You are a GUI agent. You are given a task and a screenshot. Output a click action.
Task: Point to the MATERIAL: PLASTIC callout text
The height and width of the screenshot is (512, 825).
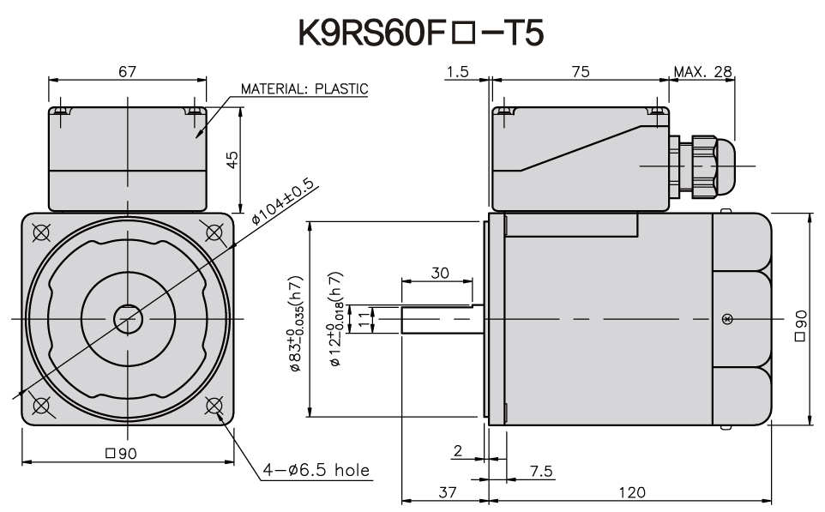tap(304, 88)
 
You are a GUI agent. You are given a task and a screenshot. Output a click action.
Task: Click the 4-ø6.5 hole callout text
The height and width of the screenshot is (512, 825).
tap(316, 470)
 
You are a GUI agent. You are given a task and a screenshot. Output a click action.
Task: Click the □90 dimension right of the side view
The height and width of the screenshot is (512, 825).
tap(800, 326)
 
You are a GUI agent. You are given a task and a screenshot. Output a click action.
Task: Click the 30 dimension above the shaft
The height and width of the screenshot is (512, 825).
tap(439, 273)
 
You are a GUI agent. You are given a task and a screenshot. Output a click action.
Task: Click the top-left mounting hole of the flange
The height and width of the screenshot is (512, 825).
tap(40, 232)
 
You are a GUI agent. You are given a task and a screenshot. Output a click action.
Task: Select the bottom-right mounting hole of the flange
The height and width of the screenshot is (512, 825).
tap(214, 405)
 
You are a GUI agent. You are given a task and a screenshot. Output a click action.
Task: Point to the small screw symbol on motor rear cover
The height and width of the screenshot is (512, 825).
tap(728, 319)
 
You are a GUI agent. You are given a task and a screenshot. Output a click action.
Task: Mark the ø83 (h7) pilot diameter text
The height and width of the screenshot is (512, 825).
tap(295, 326)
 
